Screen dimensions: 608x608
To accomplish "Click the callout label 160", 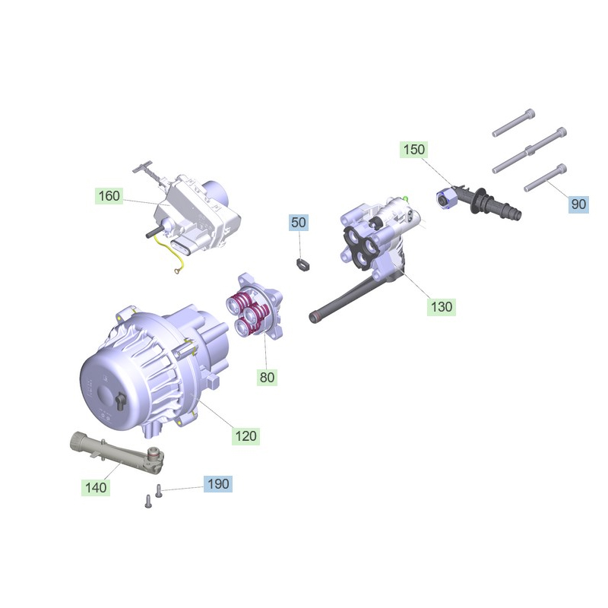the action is point(109,196).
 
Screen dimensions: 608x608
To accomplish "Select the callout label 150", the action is point(413,149).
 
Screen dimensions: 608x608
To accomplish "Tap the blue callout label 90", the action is point(578,204).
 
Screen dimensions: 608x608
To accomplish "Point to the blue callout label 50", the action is point(298,223).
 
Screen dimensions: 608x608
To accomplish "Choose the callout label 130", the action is point(442,307).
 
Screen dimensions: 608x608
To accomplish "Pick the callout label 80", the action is point(267,377).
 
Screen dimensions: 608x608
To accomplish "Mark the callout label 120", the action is point(245,436).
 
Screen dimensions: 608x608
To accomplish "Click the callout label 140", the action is point(96,487).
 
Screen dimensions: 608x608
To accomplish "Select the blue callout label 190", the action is point(218,484).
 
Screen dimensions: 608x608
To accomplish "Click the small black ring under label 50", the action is point(303,265).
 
